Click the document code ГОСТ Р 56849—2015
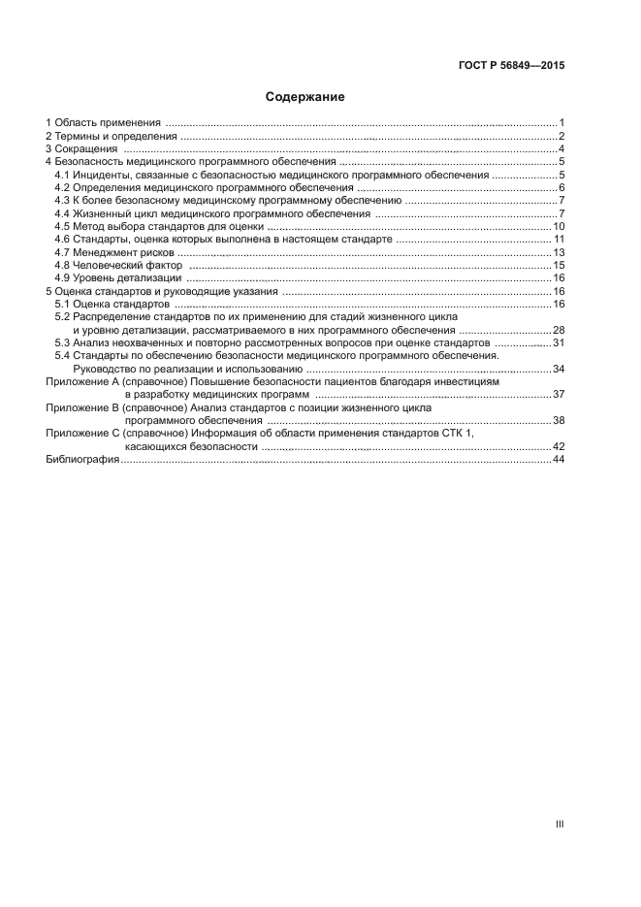511,67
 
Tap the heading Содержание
305,98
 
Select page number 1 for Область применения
561,123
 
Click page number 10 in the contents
559,226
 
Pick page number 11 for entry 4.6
559,239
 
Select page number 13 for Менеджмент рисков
559,252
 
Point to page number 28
559,330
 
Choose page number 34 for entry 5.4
559,369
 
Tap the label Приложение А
81,382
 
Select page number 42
559,446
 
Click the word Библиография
82,459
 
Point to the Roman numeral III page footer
560,825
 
